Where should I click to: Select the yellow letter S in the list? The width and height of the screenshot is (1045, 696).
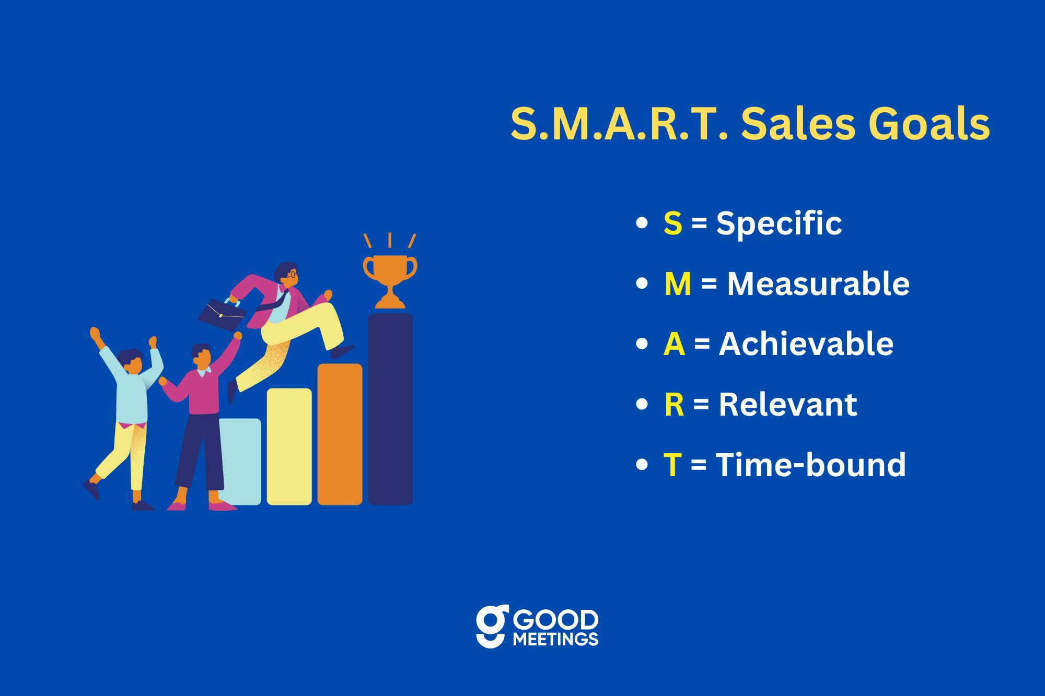673,223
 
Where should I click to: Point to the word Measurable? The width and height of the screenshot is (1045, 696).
818,284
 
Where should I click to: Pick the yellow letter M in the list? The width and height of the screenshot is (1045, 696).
678,284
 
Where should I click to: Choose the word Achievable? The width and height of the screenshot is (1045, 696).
806,344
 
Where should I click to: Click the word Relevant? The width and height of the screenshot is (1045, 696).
788,404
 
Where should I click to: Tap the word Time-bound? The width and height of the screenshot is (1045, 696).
811,465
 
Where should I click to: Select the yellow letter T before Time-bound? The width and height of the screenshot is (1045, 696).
672,465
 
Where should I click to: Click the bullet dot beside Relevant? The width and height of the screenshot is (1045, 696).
642,405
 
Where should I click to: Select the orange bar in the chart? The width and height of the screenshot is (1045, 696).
340,434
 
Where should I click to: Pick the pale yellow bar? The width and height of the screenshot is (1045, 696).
289,446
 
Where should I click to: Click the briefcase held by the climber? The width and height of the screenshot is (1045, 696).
222,314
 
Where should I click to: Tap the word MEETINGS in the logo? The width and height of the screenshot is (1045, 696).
555,639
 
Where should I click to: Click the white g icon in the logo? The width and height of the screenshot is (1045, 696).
492,626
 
